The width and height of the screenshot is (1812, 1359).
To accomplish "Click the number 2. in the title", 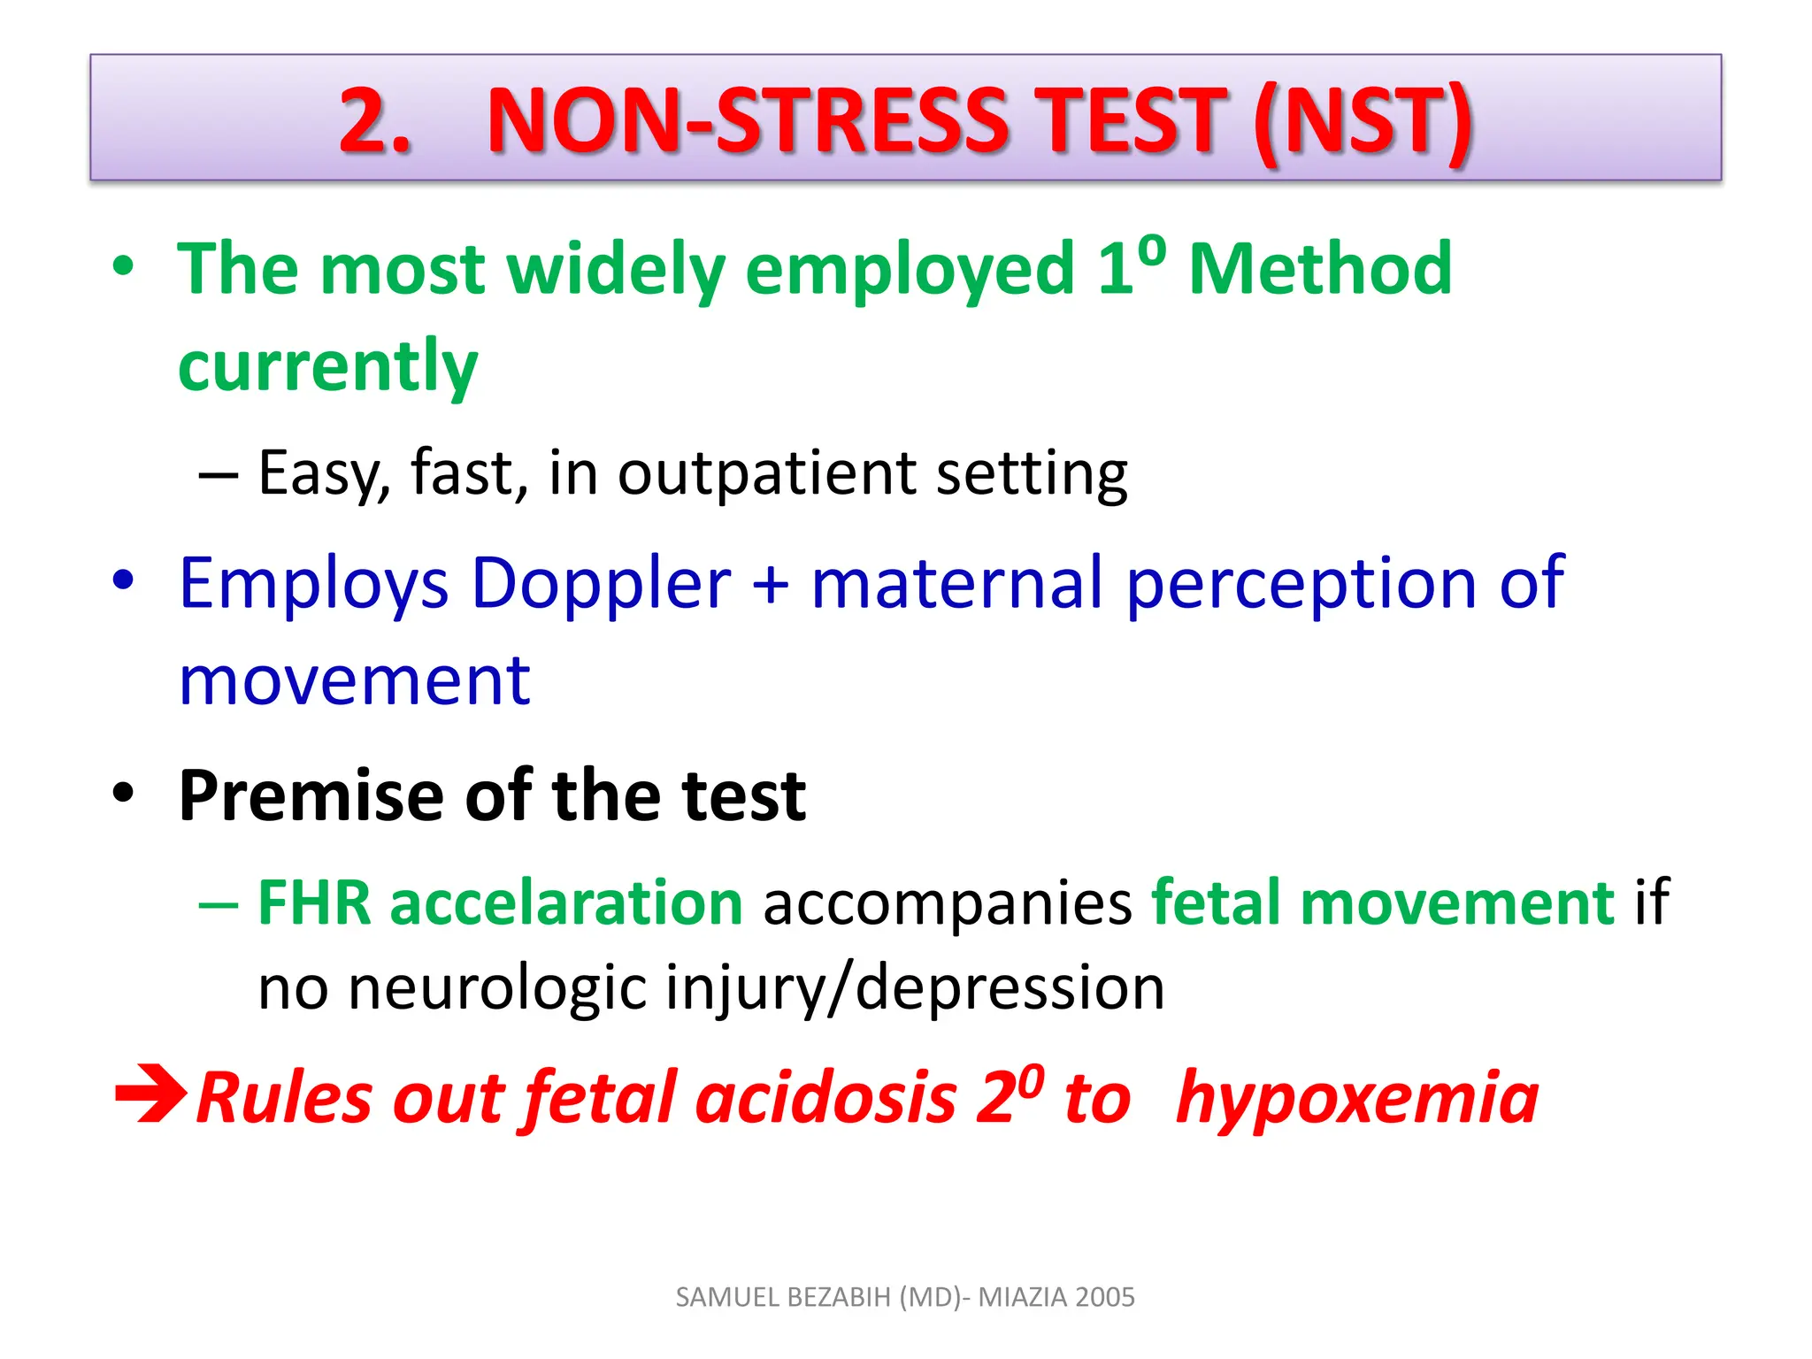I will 375,120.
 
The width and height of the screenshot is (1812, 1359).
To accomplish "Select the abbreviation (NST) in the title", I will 1363,122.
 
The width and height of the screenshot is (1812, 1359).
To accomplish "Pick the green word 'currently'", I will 327,367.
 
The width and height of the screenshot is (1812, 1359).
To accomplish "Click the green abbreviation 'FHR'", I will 314,903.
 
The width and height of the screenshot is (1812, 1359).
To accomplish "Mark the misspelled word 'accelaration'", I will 566,903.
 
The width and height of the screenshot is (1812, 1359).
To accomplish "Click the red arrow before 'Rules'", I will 150,1097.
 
